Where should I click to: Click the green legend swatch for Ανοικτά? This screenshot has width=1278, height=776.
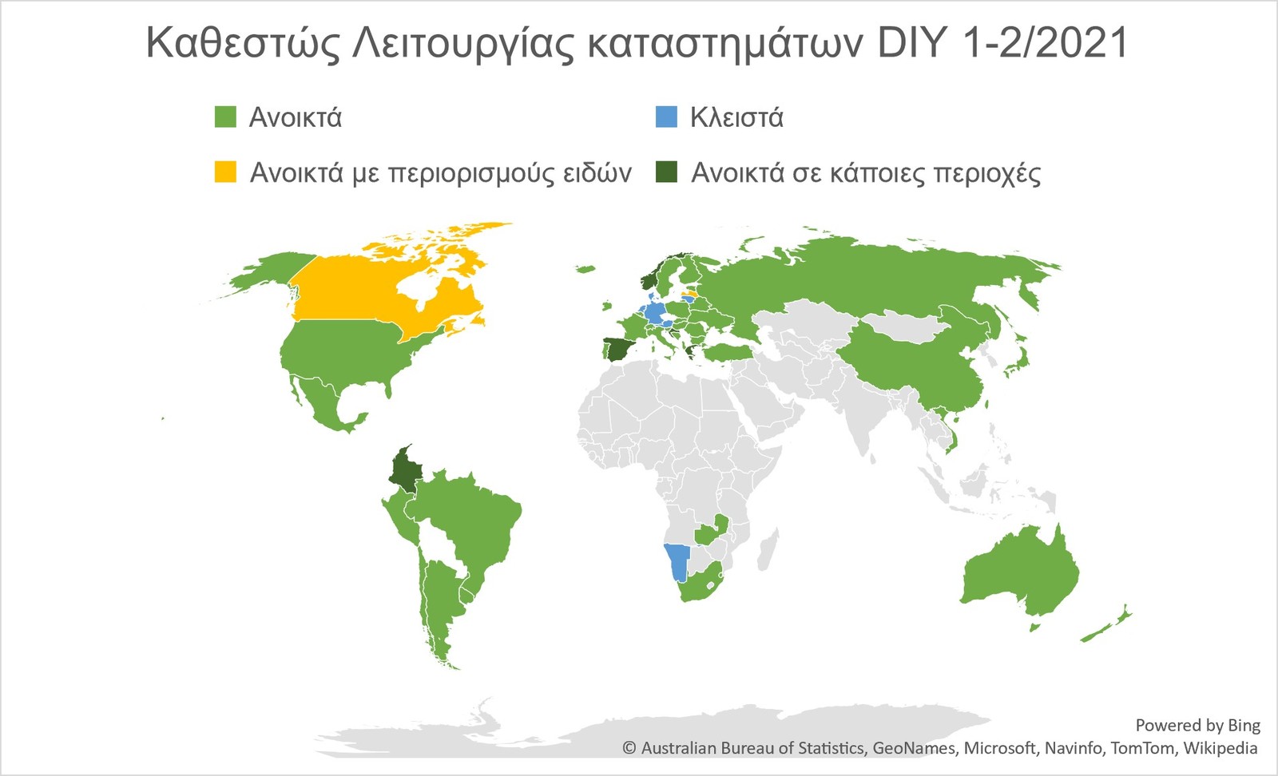pos(225,117)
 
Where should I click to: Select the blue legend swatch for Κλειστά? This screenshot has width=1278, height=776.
pos(666,117)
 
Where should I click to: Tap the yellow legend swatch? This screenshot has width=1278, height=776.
pos(225,172)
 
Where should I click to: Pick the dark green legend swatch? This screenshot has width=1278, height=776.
pos(666,172)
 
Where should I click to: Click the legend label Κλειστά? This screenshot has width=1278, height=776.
pos(736,117)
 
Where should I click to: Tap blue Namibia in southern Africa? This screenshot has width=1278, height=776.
pos(677,560)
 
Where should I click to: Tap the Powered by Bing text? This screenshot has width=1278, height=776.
pos(1197,725)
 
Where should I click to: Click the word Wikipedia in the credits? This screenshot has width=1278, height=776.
pos(1220,748)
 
